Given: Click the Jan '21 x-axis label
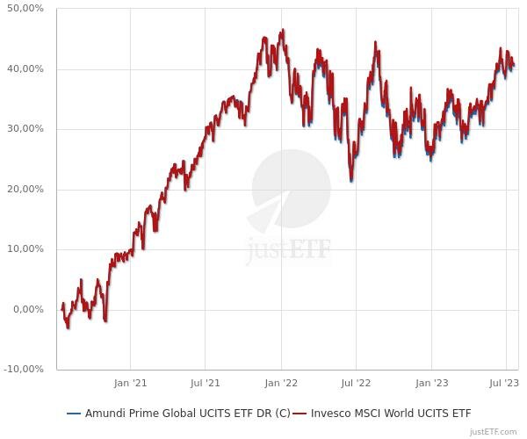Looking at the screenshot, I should [x=130, y=383].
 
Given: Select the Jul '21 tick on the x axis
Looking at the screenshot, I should [x=205, y=383].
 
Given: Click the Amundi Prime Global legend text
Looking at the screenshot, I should [x=187, y=413].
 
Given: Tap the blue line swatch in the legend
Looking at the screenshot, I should [x=74, y=413].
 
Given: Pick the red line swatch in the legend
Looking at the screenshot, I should [x=300, y=413].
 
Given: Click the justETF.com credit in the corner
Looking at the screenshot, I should [x=494, y=431].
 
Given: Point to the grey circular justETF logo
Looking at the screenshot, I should [x=290, y=189].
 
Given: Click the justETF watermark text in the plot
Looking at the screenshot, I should [x=289, y=249].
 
